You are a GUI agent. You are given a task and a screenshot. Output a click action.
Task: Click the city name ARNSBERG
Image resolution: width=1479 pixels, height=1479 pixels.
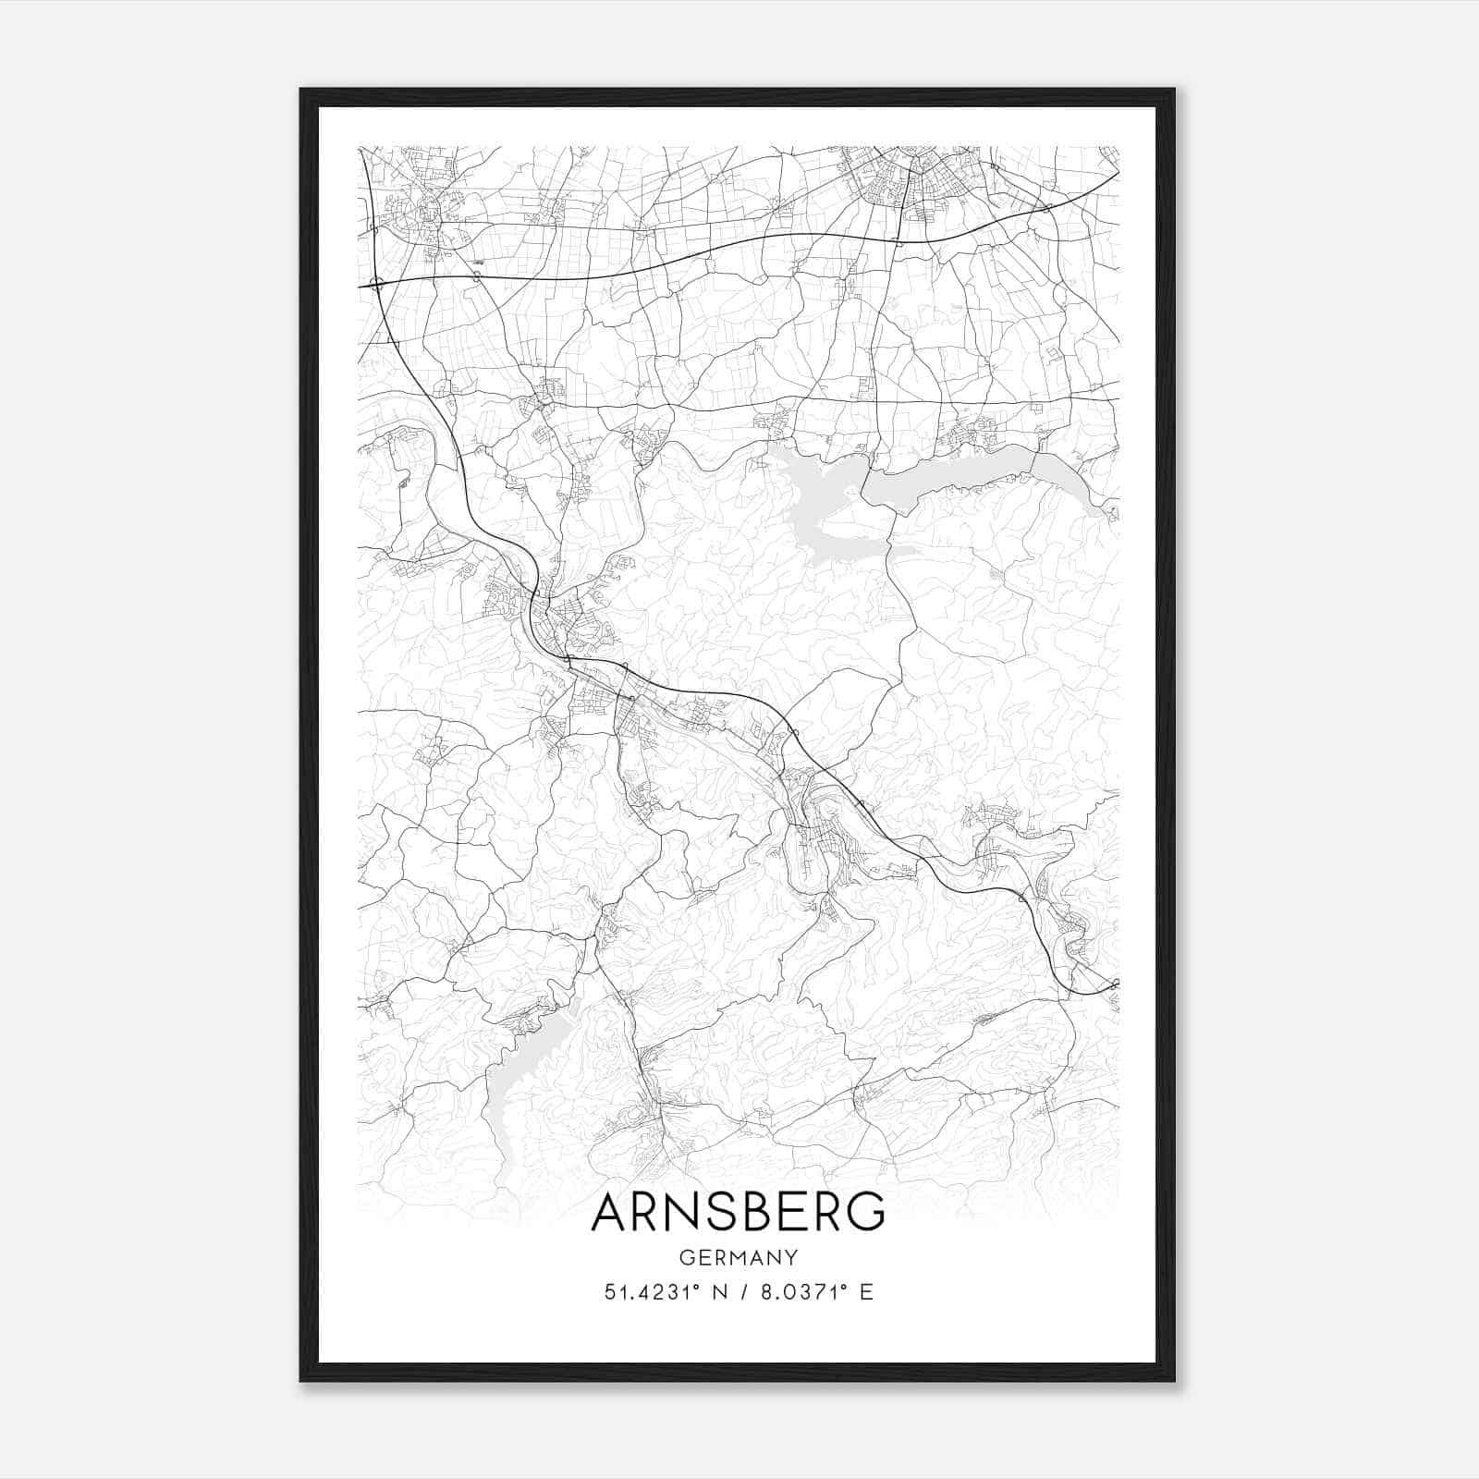pyautogui.click(x=738, y=1212)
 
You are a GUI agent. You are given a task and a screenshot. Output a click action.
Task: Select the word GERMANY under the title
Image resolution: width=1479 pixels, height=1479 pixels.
pyautogui.click(x=738, y=1257)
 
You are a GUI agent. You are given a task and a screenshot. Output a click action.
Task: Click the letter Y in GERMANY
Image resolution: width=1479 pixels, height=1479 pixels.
pyautogui.click(x=791, y=1257)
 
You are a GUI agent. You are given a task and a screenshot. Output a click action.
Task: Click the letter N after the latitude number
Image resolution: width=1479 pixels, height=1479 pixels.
pyautogui.click(x=710, y=1291)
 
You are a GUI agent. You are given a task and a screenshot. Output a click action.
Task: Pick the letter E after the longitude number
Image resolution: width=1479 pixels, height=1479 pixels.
pyautogui.click(x=866, y=1291)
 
